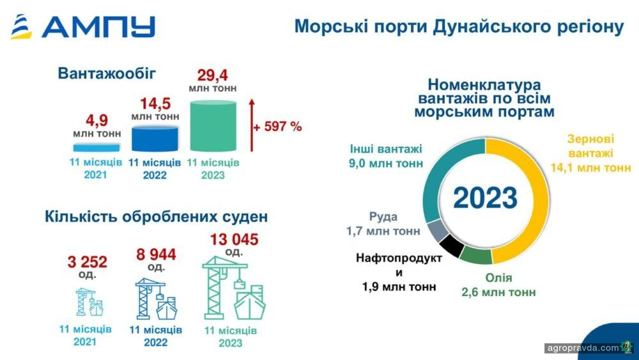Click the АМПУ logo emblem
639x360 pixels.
(21, 26)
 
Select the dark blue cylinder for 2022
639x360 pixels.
(155, 139)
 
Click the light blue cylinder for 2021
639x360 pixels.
(96, 147)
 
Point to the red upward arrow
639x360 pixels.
(252, 125)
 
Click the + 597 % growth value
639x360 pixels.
(278, 127)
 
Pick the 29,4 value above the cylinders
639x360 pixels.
(213, 75)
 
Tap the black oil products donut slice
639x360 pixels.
(452, 245)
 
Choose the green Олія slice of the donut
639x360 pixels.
(476, 256)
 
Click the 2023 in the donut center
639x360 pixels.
(486, 198)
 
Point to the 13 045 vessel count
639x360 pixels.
(235, 240)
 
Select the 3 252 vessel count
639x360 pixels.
(88, 262)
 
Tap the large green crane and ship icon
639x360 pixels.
(234, 288)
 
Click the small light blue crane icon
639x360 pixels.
(89, 302)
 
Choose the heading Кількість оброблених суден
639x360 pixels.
(157, 217)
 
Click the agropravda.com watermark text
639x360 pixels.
(583, 348)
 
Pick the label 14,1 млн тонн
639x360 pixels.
(590, 168)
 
